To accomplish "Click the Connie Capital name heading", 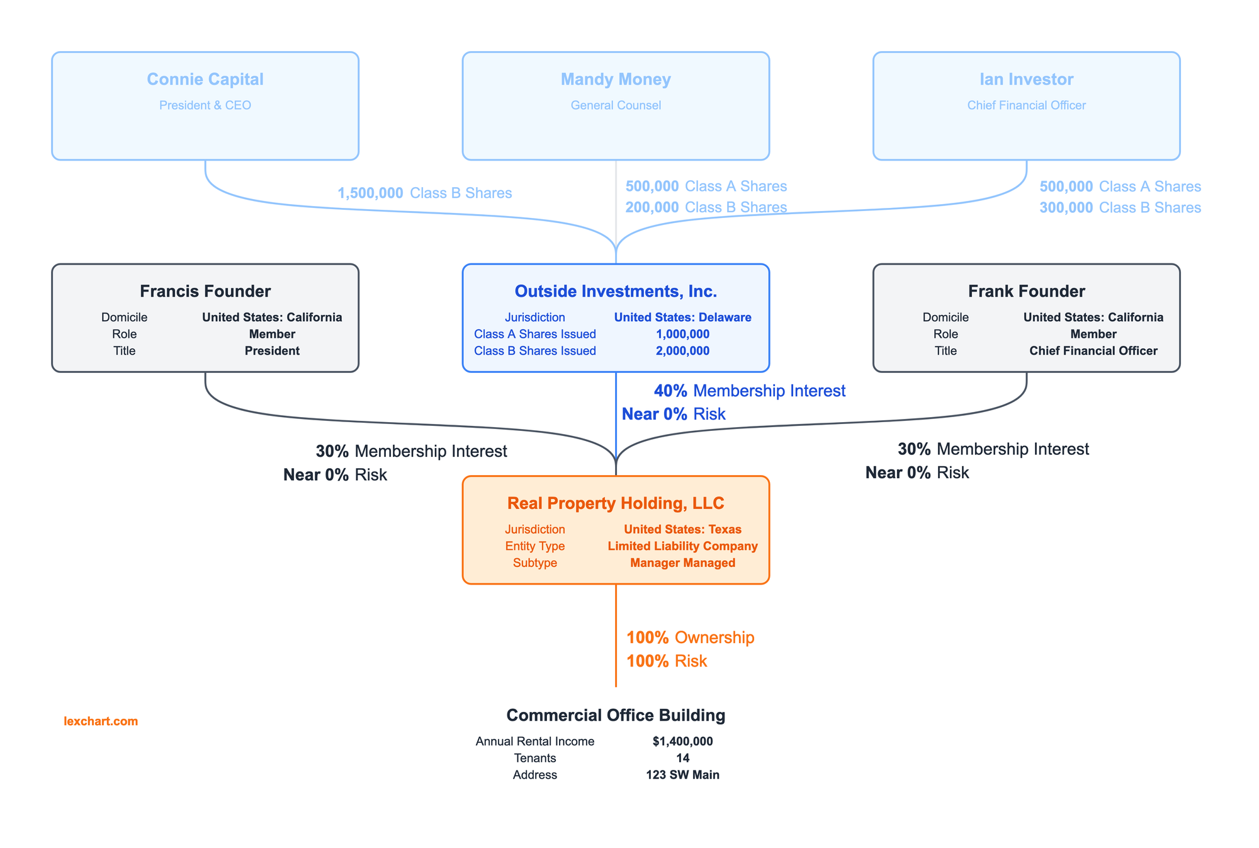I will (205, 79).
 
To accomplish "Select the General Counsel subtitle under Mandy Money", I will (616, 105).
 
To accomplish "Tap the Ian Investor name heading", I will (1026, 79).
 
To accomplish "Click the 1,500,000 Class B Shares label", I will (425, 193).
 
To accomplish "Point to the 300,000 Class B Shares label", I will (1120, 207).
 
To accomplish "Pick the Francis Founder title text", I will (205, 291).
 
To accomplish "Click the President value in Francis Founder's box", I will (272, 351).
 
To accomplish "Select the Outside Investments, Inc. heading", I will (616, 291).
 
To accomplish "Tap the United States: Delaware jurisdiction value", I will (682, 318).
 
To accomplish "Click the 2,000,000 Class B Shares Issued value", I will (682, 351).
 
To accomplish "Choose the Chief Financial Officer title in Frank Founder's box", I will (1093, 351).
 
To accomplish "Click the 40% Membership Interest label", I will (749, 391).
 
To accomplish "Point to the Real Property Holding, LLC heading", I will (616, 503).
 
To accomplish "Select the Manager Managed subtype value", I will (682, 563).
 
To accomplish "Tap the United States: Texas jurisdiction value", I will (682, 529).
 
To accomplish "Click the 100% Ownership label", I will (690, 638).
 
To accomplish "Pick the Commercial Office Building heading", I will (616, 715).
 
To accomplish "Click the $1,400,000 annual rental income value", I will (682, 742).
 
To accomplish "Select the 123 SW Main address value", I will (682, 775).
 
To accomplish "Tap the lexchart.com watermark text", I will (101, 721).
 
